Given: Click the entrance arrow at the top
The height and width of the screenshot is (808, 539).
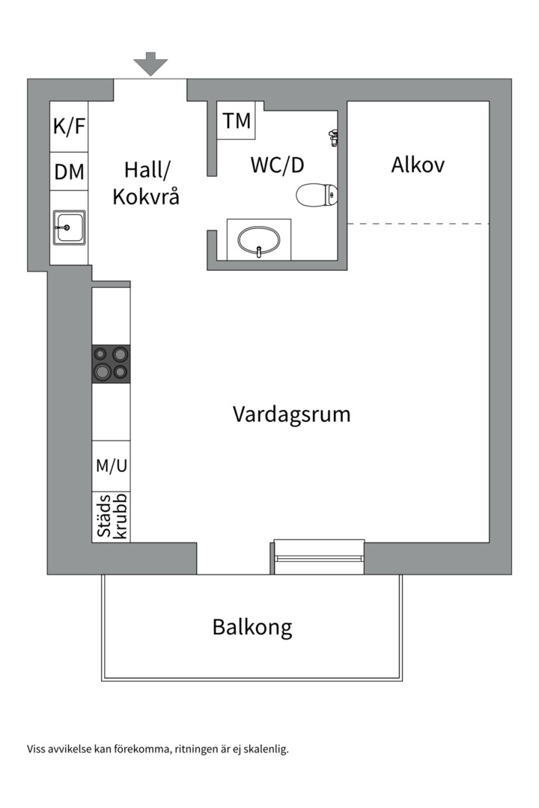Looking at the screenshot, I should [151, 64].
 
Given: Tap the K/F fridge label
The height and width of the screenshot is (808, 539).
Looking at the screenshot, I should [69, 126].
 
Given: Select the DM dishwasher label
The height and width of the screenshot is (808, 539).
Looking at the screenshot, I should [69, 171].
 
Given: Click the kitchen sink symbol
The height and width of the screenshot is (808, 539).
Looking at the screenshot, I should [69, 226].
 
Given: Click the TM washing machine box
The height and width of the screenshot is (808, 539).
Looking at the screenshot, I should [237, 120].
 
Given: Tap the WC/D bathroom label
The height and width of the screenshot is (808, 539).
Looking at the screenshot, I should [281, 165].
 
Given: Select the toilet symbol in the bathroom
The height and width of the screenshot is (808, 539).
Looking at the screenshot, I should [317, 195].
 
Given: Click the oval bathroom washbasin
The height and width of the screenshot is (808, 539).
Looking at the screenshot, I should [259, 240].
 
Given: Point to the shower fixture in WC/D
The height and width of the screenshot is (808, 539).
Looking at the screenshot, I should [334, 136].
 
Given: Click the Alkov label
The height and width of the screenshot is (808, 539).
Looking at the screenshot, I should [418, 165].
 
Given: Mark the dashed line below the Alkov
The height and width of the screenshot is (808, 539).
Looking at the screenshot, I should [418, 224].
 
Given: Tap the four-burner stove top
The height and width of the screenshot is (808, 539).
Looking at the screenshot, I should [111, 364].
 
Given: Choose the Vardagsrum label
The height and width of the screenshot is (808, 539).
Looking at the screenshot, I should [291, 414].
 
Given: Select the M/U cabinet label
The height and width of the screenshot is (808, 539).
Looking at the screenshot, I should [111, 465].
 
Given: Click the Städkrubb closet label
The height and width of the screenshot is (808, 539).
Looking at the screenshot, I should [111, 516].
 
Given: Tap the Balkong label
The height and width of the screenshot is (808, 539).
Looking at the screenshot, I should [252, 626].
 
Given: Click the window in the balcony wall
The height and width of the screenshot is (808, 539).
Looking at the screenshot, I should [319, 557].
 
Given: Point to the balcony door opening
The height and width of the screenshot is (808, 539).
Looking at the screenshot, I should [233, 559].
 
